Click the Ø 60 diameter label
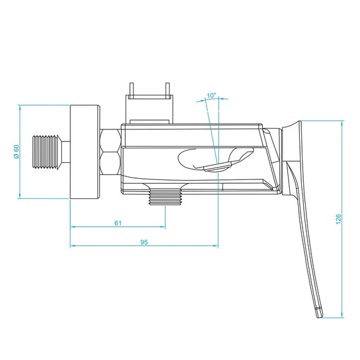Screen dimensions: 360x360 16,152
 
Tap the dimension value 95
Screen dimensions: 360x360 143,242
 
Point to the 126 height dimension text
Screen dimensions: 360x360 339,219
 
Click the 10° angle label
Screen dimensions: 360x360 212,96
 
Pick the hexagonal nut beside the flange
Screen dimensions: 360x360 109,152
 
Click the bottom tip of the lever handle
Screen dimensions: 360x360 320,311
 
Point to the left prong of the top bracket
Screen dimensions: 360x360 131,87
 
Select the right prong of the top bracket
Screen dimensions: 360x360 169,87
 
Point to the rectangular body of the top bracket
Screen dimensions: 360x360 149,97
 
